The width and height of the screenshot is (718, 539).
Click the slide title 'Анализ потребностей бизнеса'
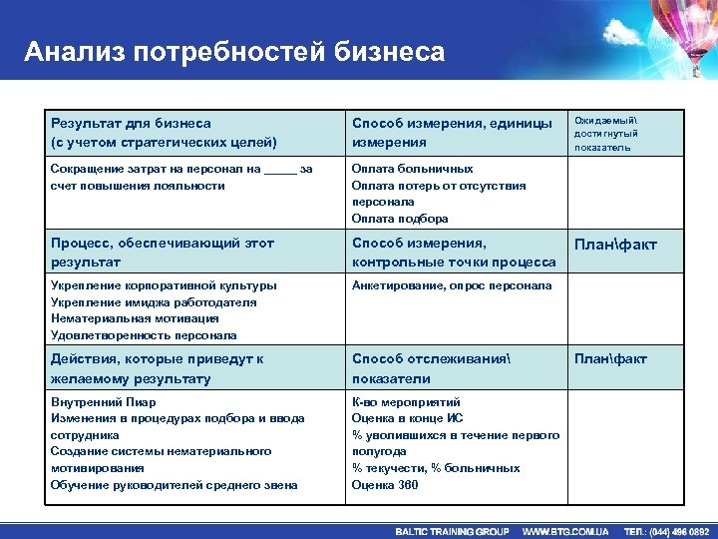coord(234,51)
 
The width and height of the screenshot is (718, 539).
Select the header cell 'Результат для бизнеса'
coord(131,124)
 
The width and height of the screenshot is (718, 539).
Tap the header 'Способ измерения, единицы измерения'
coord(452,133)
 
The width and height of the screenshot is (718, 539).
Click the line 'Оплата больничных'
coord(412,170)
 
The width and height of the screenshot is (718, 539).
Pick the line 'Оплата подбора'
coord(400,219)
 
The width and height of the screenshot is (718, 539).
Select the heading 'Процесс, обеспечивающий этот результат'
coord(163,253)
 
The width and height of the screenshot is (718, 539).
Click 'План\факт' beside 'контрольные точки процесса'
coord(613,245)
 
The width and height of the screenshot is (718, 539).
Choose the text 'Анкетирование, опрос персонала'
coord(451,286)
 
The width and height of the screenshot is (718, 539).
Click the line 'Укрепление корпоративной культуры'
coord(164,286)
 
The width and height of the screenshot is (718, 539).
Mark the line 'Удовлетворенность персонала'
coord(144,335)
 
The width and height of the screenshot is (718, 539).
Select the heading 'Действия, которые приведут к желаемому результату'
coord(158,369)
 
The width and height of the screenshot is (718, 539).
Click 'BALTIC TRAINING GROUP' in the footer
coord(452,531)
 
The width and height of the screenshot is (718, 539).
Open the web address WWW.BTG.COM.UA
coord(565,531)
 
